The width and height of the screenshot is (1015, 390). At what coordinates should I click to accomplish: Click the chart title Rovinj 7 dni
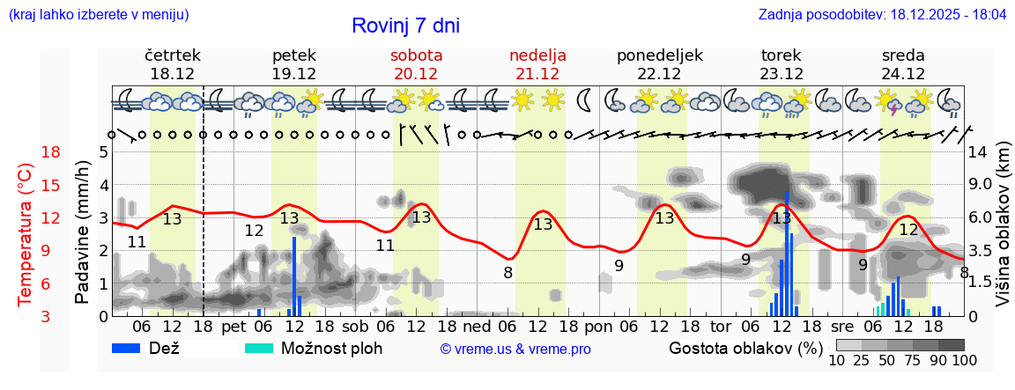pos(405,26)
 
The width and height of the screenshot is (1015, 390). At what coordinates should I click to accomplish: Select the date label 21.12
pos(537,74)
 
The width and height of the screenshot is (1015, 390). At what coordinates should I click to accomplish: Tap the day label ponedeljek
pos(660,55)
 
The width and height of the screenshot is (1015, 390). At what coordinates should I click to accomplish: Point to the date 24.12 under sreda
pos(903,74)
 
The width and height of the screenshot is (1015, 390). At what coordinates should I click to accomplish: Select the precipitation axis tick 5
pos(102,151)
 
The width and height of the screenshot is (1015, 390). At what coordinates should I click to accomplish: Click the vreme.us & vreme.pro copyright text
pos(515,349)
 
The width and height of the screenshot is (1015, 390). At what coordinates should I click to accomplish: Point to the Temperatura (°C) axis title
pos(25,234)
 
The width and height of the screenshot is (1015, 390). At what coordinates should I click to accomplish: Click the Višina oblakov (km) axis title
pos(1003,234)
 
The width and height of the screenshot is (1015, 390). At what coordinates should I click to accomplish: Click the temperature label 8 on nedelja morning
pos(507,272)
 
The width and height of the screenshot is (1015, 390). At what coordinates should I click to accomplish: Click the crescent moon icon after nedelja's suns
pos(583,100)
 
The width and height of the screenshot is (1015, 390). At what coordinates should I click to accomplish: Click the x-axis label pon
pos(598,327)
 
